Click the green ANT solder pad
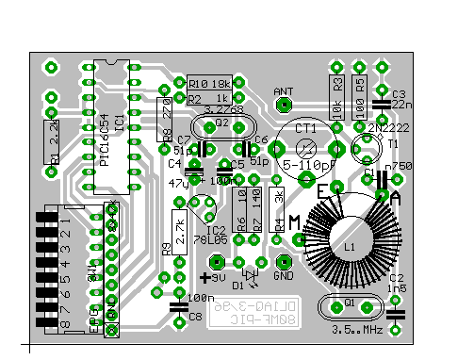pyautogui.click(x=282, y=106)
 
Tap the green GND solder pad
pyautogui.click(x=282, y=262)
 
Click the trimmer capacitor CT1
pyautogui.click(x=306, y=147)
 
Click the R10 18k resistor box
pyautogui.click(x=209, y=83)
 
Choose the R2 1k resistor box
pyautogui.click(x=209, y=98)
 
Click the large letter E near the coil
pyautogui.click(x=322, y=191)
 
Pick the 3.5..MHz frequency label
pyautogui.click(x=356, y=330)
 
